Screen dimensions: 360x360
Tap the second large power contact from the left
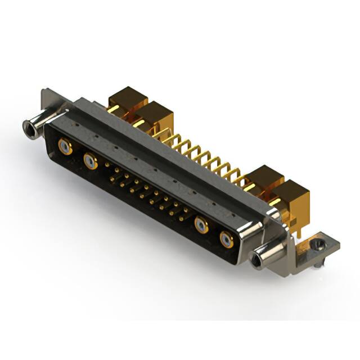90,162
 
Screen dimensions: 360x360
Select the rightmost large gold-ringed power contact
227,240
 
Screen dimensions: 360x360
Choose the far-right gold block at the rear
292,197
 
